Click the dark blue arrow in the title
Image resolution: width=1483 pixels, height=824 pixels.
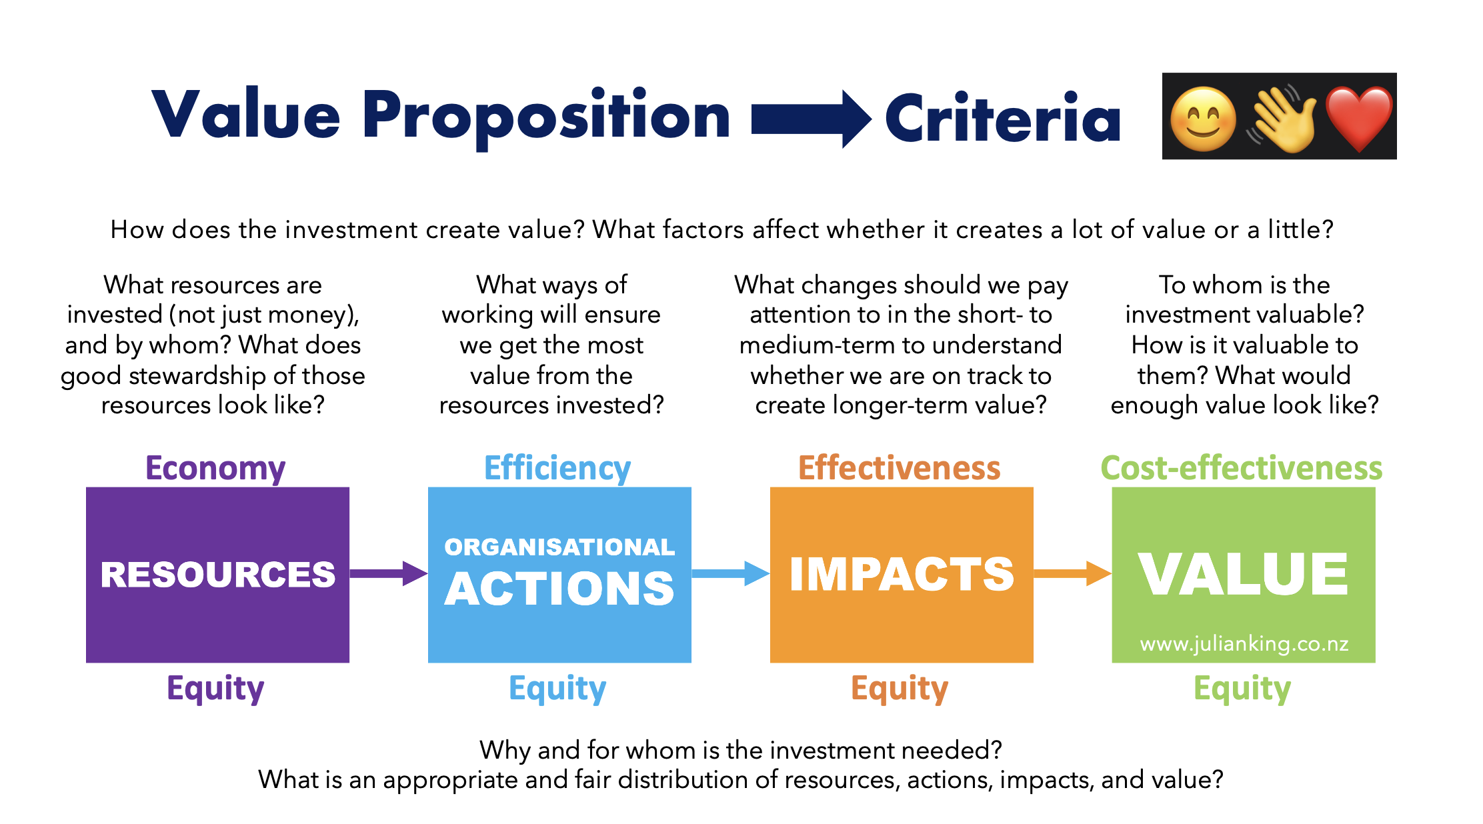(812, 119)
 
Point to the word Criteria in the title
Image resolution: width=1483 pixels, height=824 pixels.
(1003, 118)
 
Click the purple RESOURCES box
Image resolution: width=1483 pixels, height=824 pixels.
(217, 575)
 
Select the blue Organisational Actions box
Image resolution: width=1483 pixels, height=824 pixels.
(559, 575)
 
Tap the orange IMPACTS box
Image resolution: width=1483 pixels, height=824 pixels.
(902, 575)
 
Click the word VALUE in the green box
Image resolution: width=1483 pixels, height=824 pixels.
(1244, 574)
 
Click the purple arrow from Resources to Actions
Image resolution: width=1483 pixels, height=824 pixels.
(389, 573)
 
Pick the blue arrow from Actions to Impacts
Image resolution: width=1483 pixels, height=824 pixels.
(731, 573)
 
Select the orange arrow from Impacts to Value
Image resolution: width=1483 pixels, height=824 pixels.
(1073, 573)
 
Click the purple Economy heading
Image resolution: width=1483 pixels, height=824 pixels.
(215, 469)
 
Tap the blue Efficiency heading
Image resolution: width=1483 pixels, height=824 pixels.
(557, 468)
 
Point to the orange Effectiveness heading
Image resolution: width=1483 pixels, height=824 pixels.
(900, 468)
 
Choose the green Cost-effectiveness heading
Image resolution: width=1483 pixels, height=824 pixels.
(1242, 468)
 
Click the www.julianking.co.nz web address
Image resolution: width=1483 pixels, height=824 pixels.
(1244, 644)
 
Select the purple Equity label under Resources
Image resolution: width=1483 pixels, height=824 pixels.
(215, 689)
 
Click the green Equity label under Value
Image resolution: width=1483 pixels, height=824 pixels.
(1242, 689)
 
